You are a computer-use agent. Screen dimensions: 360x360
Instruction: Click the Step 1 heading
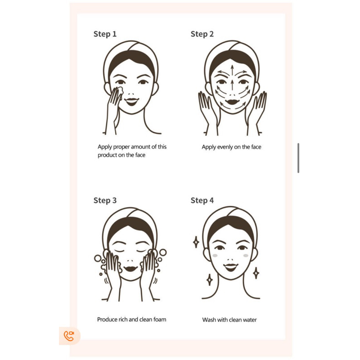[105, 34]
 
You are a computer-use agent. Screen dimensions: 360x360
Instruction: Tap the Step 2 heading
[202, 34]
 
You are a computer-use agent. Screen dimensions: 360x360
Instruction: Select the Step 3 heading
[105, 200]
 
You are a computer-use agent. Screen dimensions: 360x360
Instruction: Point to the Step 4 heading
[202, 200]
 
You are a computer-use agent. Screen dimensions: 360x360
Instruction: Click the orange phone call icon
[69, 336]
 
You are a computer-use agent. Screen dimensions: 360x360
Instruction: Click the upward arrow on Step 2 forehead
[232, 70]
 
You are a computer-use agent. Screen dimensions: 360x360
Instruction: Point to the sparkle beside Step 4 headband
[196, 242]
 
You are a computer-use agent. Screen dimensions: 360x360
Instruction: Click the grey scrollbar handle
[298, 158]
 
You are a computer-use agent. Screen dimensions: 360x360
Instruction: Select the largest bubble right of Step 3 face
[163, 252]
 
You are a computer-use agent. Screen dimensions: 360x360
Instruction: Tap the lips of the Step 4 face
[231, 267]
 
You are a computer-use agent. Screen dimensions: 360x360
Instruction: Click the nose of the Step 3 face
[130, 261]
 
